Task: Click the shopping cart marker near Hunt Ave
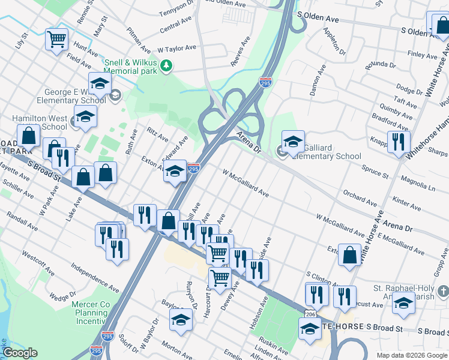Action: [56, 40]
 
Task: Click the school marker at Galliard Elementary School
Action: [293, 142]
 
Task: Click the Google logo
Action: [20, 353]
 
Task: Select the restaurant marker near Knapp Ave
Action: [399, 142]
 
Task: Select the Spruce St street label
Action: [375, 172]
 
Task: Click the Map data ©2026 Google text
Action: [412, 355]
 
